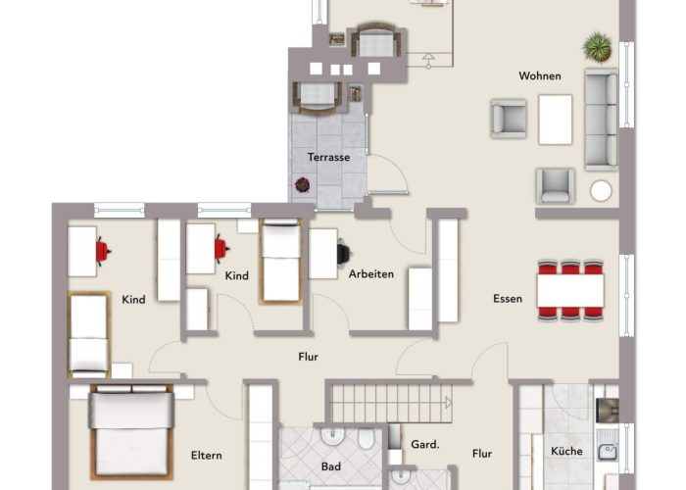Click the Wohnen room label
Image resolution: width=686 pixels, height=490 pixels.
tap(539, 75)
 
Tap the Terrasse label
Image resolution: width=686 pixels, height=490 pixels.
tap(328, 157)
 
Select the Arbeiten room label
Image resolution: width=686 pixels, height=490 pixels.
tap(371, 273)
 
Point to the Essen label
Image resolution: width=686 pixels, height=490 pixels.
tap(508, 299)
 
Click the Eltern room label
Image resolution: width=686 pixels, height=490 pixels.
tap(206, 456)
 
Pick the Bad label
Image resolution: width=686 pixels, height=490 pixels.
tap(331, 466)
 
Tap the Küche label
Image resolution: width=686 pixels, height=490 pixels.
tap(566, 451)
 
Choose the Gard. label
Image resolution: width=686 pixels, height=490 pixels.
tap(424, 445)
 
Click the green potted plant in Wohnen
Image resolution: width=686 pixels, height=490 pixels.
tap(597, 47)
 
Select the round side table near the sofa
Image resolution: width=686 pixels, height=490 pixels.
tap(601, 191)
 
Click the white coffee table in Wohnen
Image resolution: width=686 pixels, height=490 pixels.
tap(556, 120)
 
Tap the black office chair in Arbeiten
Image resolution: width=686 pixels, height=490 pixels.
tap(344, 254)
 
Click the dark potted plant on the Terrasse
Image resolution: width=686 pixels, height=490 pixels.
tap(302, 185)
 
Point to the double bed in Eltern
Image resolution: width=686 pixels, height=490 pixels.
tap(131, 432)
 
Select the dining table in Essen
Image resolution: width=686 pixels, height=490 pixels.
tap(570, 290)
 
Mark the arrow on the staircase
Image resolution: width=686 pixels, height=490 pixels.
tap(449, 403)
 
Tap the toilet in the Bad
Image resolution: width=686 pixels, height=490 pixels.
tap(366, 438)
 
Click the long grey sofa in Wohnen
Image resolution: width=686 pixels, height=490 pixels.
tap(602, 119)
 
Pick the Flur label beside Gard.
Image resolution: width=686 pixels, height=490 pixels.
tap(482, 454)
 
